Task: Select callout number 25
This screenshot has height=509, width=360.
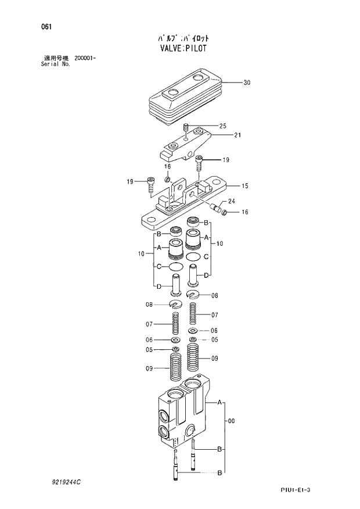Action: point(222,126)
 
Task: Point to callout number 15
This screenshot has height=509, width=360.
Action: point(245,186)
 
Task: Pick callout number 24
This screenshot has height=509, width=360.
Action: point(231,202)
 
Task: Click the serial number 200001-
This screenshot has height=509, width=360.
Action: point(85,59)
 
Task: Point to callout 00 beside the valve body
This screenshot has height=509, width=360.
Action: point(231,421)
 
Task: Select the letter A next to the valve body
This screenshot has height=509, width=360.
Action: point(220,402)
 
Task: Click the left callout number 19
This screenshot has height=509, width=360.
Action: point(130,182)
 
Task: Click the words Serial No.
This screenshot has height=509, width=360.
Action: point(52,64)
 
